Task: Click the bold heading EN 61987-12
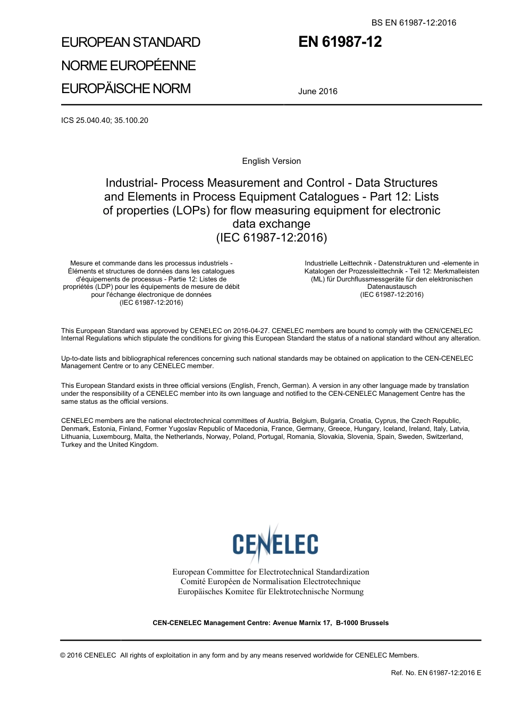click(x=340, y=42)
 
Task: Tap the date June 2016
click(x=317, y=91)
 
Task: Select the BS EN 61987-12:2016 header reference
click(x=413, y=22)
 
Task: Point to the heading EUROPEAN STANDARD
click(x=131, y=43)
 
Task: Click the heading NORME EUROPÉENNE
click(x=128, y=65)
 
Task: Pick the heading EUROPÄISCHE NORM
click(x=125, y=88)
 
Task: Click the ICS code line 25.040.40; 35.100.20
click(x=105, y=120)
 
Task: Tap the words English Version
click(x=271, y=161)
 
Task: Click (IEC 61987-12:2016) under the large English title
click(x=271, y=237)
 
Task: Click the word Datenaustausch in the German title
click(x=392, y=287)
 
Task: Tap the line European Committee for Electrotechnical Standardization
click(x=271, y=572)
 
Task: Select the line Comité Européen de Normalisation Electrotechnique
click(x=271, y=581)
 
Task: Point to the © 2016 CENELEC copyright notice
click(x=88, y=655)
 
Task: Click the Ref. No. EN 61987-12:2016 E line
click(x=436, y=672)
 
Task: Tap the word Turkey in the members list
click(x=71, y=445)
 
